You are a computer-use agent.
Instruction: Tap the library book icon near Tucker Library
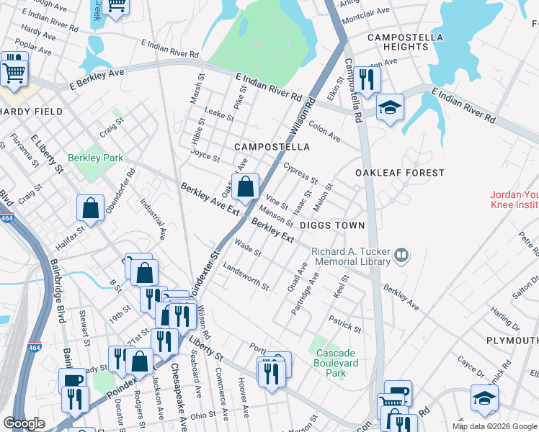401,254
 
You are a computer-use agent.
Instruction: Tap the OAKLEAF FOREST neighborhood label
399,173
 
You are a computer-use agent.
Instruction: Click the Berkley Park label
95,158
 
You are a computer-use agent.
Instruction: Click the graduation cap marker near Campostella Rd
390,108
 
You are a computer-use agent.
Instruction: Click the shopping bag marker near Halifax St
92,208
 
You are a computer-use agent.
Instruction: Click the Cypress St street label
300,173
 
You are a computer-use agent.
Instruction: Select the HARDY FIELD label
32,112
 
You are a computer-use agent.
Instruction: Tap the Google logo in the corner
24,423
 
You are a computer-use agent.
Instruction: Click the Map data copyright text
494,426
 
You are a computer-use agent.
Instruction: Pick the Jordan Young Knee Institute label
514,199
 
